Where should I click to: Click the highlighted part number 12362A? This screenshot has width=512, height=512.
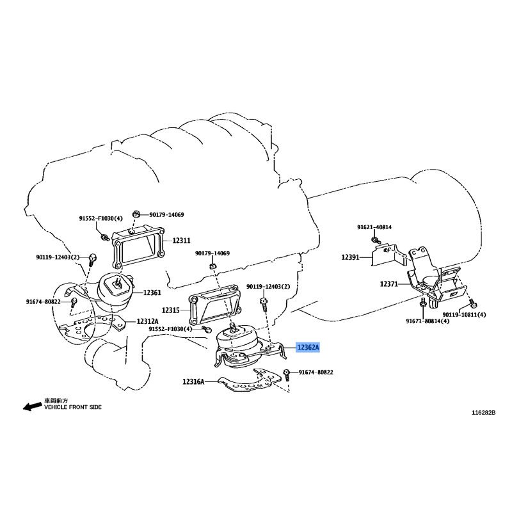pos(308,348)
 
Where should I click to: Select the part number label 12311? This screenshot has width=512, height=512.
pos(181,241)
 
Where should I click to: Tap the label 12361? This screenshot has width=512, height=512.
pos(152,292)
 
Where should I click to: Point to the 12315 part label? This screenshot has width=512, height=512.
pos(171,310)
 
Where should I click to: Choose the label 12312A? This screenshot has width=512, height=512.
pos(148,321)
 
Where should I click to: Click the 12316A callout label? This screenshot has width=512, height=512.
pos(193,381)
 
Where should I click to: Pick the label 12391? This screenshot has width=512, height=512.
pos(350,257)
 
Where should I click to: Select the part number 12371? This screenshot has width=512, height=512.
pos(389,284)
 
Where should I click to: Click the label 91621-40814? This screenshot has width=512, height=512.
pos(374,227)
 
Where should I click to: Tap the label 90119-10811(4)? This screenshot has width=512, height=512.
pos(465,315)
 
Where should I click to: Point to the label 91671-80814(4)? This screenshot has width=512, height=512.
pos(428,321)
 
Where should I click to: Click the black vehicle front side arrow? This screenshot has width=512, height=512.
pos(33,406)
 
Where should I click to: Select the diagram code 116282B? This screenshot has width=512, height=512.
pos(484,413)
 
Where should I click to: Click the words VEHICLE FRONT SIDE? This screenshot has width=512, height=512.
pos(73,407)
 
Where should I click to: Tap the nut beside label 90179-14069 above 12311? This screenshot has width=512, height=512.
pos(136,214)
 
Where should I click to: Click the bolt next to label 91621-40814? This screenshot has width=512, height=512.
pos(375,241)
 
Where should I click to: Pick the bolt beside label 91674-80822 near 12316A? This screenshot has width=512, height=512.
pos(287,374)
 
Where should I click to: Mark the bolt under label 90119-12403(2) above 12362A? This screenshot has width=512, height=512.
pos(263,303)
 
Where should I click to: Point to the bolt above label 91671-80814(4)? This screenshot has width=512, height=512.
pos(422,302)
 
